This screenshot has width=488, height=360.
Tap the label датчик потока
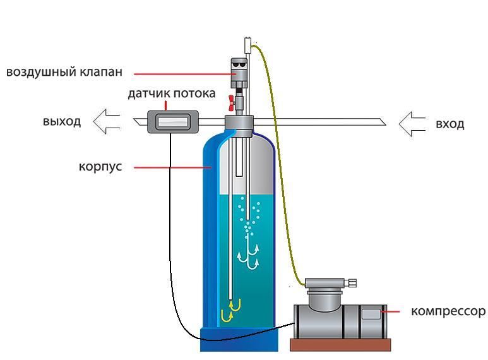pos(171,93)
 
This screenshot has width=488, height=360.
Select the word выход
pos(62,122)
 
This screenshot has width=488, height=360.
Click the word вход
pos(449,123)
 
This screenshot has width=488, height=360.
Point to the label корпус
pos(100,167)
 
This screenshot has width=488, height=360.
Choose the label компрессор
pos(448,311)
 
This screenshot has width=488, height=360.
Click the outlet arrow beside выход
pos(107,121)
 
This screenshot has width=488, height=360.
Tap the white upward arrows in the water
pos(249,256)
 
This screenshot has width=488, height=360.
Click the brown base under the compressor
pos(340,345)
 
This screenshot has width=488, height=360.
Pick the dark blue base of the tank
pos(239,339)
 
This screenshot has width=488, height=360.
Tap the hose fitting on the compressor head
pos(352,282)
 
